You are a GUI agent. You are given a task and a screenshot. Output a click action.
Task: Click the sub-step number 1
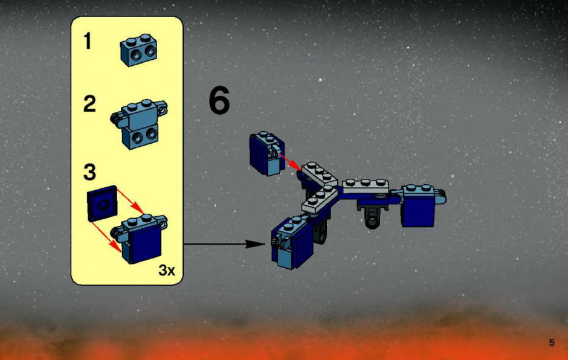pos(87,40)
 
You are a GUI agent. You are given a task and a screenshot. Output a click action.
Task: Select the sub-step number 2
pos(89,103)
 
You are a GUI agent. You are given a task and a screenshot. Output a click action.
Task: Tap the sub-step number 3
pos(89,172)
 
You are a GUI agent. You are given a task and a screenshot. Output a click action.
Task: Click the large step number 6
pos(219,100)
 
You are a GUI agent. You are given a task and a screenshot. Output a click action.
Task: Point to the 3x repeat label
pos(167,270)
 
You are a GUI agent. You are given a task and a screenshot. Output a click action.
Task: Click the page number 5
pos(552,342)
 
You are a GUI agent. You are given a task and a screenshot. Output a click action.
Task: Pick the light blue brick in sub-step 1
pos(139,50)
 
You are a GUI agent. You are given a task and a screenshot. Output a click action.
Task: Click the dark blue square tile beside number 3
pos(103,203)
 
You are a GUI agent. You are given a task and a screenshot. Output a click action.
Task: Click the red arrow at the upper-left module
pos(290,161)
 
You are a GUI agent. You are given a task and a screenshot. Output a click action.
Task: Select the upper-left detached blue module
pos(267,153)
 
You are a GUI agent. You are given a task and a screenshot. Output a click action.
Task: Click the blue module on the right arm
pos(420,205)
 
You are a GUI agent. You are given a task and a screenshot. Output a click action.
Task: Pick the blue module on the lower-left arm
pos(292,242)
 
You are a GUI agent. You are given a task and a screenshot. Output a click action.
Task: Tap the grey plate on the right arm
pos(366,186)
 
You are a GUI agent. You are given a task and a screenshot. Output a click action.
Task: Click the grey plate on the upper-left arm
pos(320,174)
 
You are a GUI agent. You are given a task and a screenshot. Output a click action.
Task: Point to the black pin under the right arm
pos(372,214)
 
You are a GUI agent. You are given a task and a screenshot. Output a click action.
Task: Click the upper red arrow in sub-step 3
pos(131,201)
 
